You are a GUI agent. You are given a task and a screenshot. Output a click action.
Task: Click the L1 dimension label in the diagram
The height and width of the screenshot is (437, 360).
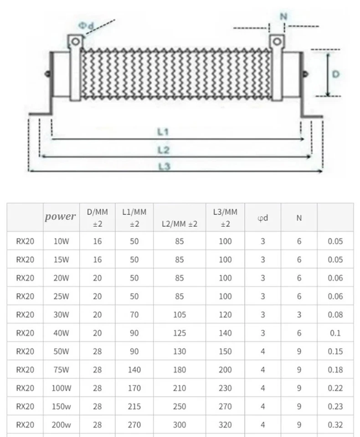pyautogui.click(x=163, y=132)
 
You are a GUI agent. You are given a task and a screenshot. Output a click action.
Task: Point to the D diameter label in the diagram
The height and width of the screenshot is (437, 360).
pyautogui.click(x=335, y=74)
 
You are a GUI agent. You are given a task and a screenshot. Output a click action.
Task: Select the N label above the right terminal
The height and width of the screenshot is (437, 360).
pyautogui.click(x=283, y=16)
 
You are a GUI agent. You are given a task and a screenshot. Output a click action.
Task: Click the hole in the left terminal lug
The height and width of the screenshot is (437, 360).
pyautogui.click(x=76, y=42)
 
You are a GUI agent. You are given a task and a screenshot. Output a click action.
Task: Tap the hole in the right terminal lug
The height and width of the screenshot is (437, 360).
pyautogui.click(x=276, y=42)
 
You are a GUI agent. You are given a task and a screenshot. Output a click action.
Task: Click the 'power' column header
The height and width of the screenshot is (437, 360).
pyautogui.click(x=61, y=217)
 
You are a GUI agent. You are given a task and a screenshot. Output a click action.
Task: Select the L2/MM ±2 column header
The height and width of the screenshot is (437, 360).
pyautogui.click(x=180, y=224)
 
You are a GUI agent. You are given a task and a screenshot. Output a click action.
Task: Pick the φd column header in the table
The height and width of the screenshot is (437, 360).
pyautogui.click(x=262, y=218)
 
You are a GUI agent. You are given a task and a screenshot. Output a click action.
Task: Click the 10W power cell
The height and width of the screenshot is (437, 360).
pyautogui.click(x=61, y=241)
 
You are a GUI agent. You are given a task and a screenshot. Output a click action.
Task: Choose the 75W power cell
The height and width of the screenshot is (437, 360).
pyautogui.click(x=61, y=370)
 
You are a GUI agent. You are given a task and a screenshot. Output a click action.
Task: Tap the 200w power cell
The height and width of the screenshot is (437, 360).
pyautogui.click(x=61, y=425)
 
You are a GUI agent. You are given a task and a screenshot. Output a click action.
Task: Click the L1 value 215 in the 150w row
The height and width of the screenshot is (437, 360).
pyautogui.click(x=134, y=407)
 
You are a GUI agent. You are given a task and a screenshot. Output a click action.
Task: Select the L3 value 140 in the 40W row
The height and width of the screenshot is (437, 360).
pyautogui.click(x=225, y=333)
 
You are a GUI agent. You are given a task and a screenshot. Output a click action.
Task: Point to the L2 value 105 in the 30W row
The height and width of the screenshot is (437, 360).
pyautogui.click(x=180, y=315)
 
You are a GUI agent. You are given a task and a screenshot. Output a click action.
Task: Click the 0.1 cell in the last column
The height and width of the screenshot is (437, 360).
pyautogui.click(x=335, y=333)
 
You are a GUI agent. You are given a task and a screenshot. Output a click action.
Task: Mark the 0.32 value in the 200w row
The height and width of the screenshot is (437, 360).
pyautogui.click(x=335, y=425)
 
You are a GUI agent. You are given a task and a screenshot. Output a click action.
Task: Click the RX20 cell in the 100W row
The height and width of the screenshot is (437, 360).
pyautogui.click(x=25, y=388)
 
